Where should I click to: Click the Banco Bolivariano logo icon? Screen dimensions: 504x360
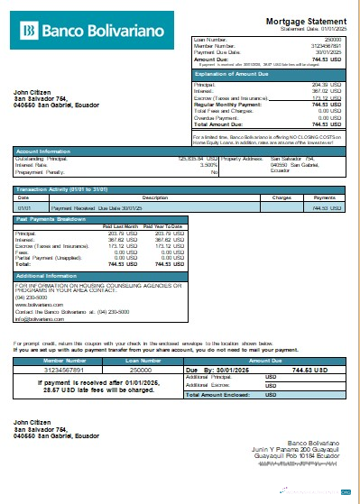(x=30, y=32)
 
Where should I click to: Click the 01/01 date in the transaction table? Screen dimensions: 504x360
(x=24, y=207)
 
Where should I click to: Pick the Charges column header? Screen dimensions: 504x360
(x=281, y=197)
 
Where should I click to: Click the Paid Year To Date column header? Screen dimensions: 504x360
(x=162, y=225)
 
